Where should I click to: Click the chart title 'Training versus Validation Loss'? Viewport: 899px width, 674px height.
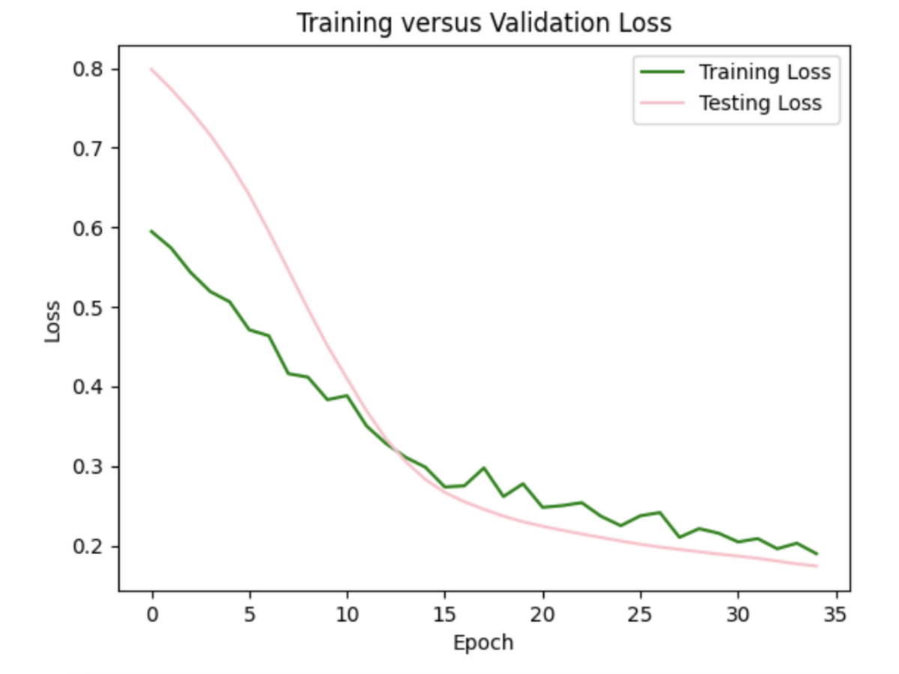(484, 23)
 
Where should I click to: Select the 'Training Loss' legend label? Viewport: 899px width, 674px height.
(764, 72)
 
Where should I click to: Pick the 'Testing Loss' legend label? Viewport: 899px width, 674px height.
(760, 103)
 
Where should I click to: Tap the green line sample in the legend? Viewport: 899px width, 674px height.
(662, 72)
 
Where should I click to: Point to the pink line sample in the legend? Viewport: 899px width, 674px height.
(662, 103)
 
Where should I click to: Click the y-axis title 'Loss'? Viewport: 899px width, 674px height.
(52, 322)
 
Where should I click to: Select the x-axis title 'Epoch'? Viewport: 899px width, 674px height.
(483, 643)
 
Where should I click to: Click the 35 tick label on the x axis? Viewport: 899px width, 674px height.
(836, 616)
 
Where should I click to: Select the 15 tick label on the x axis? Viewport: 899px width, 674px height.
(445, 616)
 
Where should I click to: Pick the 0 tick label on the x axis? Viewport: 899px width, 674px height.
(152, 616)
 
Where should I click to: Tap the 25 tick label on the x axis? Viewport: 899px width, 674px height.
(641, 616)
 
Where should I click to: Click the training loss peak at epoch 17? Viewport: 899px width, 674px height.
(484, 468)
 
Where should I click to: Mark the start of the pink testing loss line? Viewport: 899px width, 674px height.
(152, 69)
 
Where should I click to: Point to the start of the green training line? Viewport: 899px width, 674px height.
(152, 231)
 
